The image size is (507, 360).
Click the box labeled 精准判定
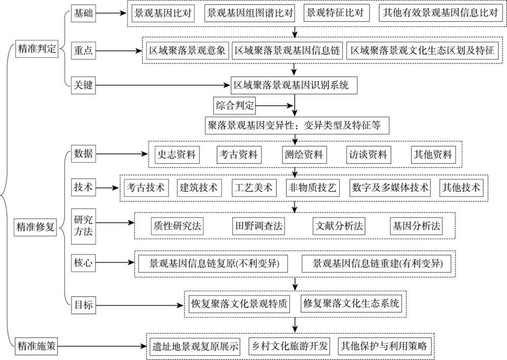point(37,50)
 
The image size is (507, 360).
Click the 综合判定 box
point(234,106)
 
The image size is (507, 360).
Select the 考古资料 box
point(238,154)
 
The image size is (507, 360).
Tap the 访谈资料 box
point(368,154)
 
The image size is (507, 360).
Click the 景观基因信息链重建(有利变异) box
point(378,264)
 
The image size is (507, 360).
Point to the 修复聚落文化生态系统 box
point(351,304)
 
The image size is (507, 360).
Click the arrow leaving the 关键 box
point(163,86)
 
